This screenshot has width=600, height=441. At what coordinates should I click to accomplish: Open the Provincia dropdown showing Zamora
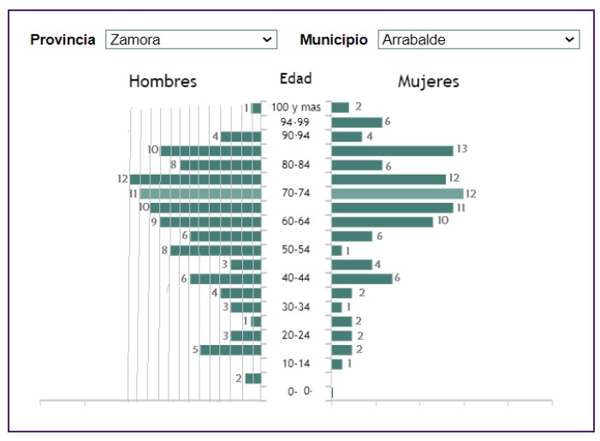(x=191, y=39)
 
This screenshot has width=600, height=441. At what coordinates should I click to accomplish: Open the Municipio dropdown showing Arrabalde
(x=478, y=39)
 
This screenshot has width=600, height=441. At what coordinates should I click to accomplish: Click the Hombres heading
(x=163, y=81)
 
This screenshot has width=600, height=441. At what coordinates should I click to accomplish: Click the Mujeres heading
(x=428, y=81)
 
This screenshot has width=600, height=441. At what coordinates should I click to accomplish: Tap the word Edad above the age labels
(x=295, y=79)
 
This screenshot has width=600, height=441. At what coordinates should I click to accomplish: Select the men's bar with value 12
(x=195, y=179)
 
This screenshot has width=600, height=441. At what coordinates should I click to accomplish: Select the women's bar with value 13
(x=392, y=151)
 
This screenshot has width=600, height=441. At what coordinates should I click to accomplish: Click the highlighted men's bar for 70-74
(x=200, y=194)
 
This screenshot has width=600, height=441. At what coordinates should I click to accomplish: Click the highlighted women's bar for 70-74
(x=397, y=194)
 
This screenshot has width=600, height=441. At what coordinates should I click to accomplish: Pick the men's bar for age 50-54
(x=216, y=250)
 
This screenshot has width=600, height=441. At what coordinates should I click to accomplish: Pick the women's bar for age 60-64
(x=382, y=222)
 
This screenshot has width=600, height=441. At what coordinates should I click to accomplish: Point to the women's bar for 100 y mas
(x=340, y=108)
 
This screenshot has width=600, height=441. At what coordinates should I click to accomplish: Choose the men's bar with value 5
(x=230, y=349)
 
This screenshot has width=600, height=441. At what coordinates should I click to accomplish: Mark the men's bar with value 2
(x=253, y=378)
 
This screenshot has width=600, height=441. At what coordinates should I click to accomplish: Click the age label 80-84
(x=295, y=164)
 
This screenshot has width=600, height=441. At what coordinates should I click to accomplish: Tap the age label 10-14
(x=295, y=363)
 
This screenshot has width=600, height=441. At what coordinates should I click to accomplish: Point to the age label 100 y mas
(x=296, y=107)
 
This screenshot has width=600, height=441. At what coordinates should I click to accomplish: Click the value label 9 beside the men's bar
(x=153, y=222)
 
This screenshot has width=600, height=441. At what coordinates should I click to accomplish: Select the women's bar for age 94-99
(x=356, y=122)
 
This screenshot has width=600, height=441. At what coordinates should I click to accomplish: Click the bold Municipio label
(x=334, y=39)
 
